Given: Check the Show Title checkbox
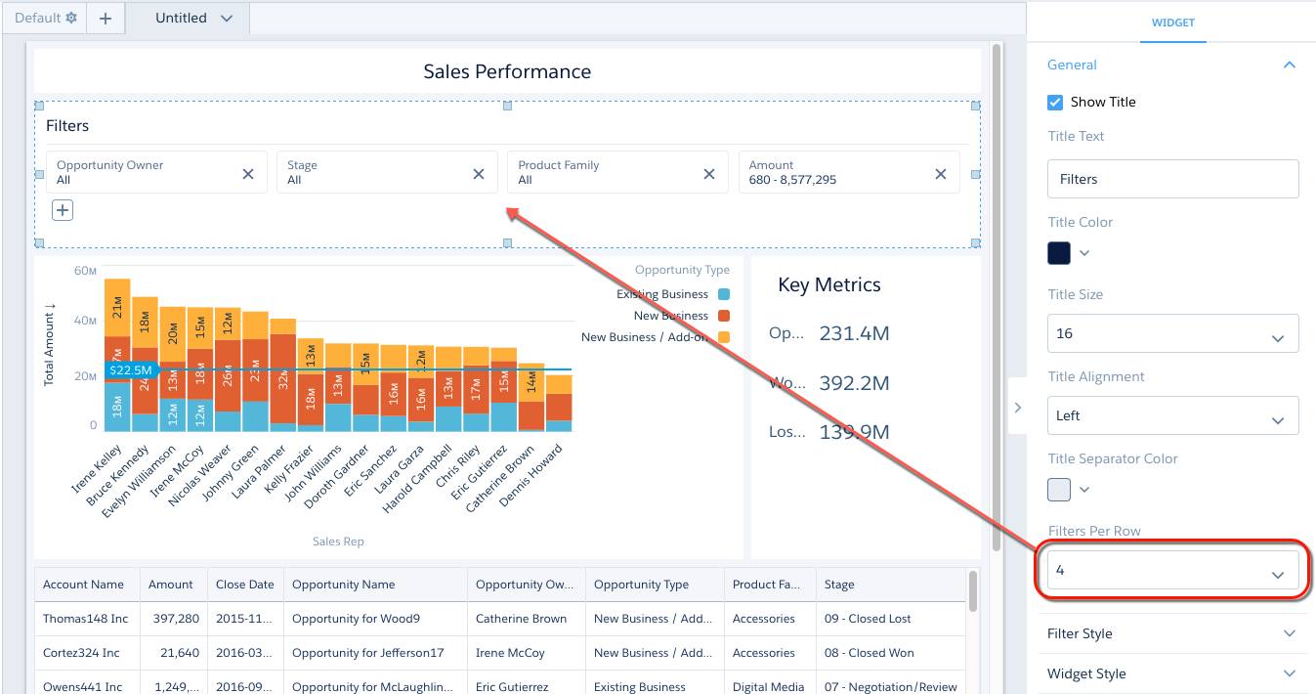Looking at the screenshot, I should pos(1055,102).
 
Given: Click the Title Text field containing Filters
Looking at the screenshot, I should pos(1172,179).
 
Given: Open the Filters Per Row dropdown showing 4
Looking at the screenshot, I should pos(1172,570).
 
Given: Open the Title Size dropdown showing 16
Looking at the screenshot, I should pos(1172,333).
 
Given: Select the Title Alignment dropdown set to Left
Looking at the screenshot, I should pos(1172,415).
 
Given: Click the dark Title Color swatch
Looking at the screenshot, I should pos(1059,253).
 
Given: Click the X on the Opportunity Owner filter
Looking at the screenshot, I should pos(248,173).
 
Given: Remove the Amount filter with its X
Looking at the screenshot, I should pos(941,173).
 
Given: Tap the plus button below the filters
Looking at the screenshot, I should pos(63,210).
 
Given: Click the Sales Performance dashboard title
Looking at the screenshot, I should pos(507,71).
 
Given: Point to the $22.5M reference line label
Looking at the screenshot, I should pos(130,370).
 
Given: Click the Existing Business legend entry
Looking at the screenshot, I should pos(662,294).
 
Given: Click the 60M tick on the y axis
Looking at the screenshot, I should pos(86,271).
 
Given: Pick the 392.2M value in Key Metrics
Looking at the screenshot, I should pos(854,383).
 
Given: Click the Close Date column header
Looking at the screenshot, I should pos(245,585).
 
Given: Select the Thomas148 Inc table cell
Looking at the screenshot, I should pos(86,619).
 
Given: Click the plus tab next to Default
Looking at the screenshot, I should pos(106,18).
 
